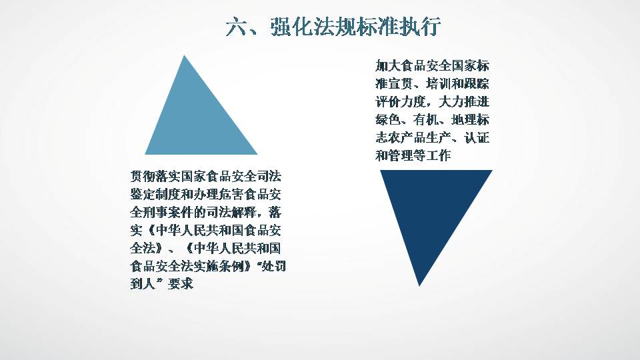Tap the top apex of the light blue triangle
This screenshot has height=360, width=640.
[185, 55]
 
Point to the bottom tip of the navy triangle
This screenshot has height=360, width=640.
[419, 286]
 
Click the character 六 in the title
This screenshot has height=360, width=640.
[236, 27]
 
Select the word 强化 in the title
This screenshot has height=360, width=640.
[291, 27]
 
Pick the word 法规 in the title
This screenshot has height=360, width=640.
[334, 27]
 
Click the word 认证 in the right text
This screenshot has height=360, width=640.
[477, 137]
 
